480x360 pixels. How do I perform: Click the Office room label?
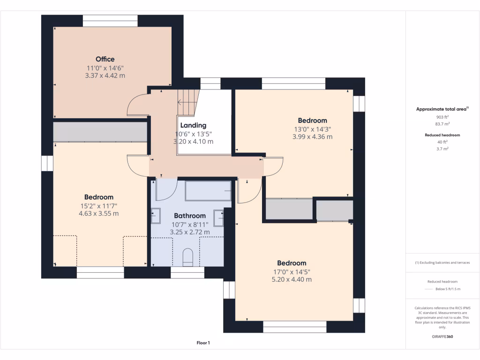pyautogui.click(x=105, y=59)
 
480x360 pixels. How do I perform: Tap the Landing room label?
pyautogui.click(x=193, y=125)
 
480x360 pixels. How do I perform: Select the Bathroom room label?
pyautogui.click(x=190, y=216)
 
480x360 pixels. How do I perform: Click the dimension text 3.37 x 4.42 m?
pyautogui.click(x=105, y=75)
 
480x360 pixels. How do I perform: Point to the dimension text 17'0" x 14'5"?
pyautogui.click(x=291, y=271)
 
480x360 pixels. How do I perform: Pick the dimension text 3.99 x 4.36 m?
pyautogui.click(x=312, y=137)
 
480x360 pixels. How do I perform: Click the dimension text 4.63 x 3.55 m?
pyautogui.click(x=98, y=213)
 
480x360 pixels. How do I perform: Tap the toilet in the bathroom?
pyautogui.click(x=188, y=257)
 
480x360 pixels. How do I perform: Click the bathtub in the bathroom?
pyautogui.click(x=208, y=191)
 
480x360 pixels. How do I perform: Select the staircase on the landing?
pyautogui.click(x=188, y=102)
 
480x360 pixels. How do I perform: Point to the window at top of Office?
pyautogui.click(x=110, y=21)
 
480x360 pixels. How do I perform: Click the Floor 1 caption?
pyautogui.click(x=203, y=343)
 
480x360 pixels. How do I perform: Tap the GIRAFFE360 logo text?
pyautogui.click(x=442, y=337)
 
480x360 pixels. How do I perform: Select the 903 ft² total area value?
pyautogui.click(x=442, y=117)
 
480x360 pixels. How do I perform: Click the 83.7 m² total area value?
pyautogui.click(x=442, y=124)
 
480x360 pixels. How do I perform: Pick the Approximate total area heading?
pyautogui.click(x=442, y=109)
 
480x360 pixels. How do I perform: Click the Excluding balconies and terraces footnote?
pyautogui.click(x=442, y=262)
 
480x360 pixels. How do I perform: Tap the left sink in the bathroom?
pyautogui.click(x=156, y=216)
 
